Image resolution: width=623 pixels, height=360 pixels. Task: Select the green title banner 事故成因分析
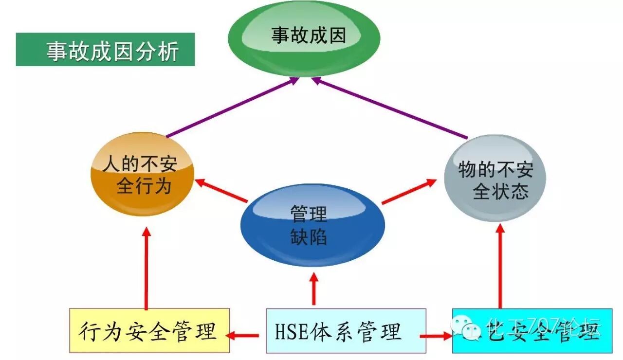point(105,50)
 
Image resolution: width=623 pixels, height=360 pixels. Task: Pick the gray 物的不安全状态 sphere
point(495,178)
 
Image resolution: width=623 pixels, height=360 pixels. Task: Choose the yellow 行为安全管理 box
point(149,330)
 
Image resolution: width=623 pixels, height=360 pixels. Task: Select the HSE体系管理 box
point(346,330)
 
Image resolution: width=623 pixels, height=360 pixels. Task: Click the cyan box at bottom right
point(532,330)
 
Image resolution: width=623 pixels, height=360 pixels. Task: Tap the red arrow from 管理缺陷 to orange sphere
point(221,191)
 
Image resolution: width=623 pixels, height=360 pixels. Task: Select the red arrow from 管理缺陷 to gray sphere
point(409,191)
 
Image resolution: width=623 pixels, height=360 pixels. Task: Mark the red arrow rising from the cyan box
point(500,265)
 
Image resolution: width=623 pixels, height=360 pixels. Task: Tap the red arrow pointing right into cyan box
point(436,336)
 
